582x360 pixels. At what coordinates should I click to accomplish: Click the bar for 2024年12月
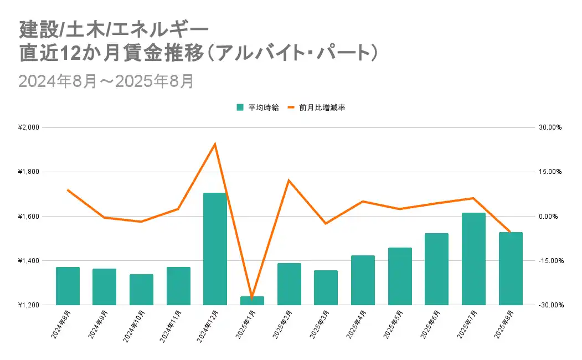pos(215,249)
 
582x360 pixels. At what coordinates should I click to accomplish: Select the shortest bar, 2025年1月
pos(252,301)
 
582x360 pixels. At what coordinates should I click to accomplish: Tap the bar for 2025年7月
pos(473,259)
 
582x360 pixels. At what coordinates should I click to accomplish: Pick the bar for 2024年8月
pos(68,286)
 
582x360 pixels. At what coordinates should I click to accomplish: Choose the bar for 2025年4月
pos(363,280)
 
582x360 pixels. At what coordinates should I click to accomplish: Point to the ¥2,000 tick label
pos(29,127)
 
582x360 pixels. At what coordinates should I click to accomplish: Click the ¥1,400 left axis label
pos(29,260)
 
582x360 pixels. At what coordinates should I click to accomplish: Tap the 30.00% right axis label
pos(550,127)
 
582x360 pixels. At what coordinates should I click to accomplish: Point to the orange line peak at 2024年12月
pos(215,144)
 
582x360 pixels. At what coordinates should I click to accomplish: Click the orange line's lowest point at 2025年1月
pos(252,298)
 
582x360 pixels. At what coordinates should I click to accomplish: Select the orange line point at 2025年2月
pos(289,180)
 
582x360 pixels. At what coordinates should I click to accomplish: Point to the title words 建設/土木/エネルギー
pos(114,28)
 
